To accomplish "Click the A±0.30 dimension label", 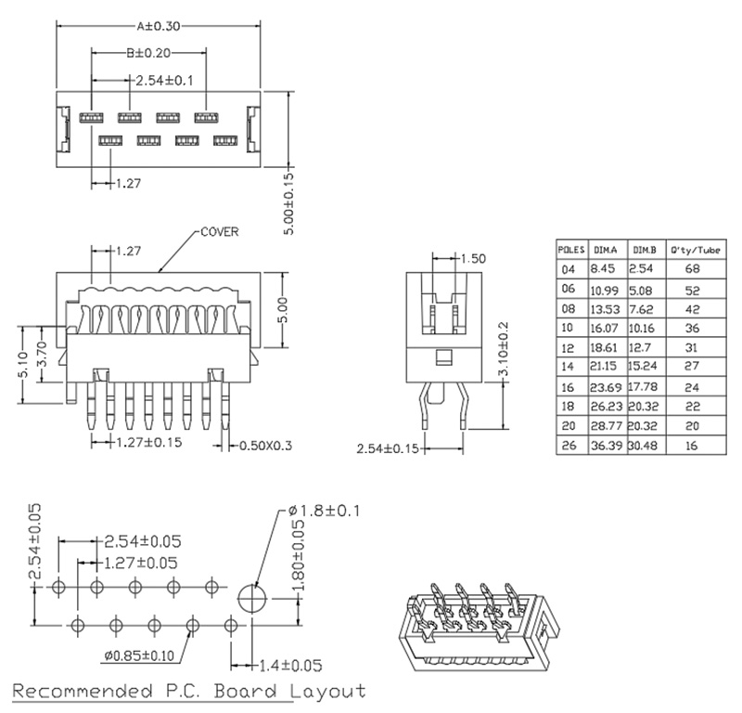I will (159, 26).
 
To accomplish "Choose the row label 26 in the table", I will (569, 446).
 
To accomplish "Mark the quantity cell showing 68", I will (690, 269).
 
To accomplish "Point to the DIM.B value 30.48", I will (644, 446).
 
